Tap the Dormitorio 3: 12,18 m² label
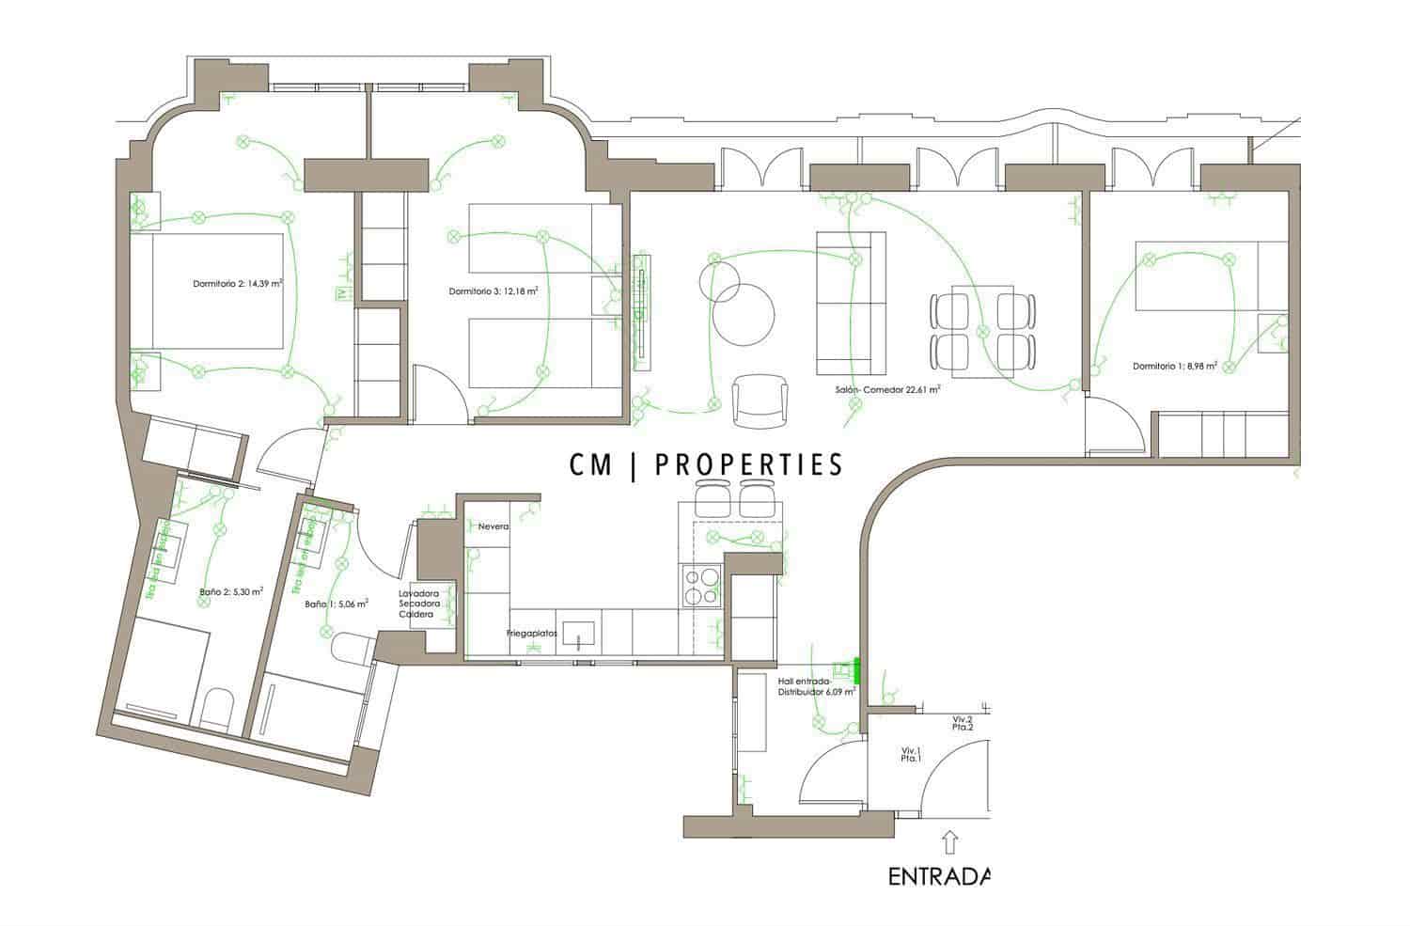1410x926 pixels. pyautogui.click(x=493, y=291)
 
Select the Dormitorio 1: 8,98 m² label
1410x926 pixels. pyautogui.click(x=1175, y=366)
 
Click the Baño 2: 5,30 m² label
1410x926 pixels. pyautogui.click(x=231, y=592)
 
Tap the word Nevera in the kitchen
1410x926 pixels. pyautogui.click(x=493, y=526)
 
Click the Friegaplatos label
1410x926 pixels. pyautogui.click(x=532, y=634)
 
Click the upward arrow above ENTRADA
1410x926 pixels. pyautogui.click(x=949, y=839)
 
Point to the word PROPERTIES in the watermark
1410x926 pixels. pyautogui.click(x=747, y=463)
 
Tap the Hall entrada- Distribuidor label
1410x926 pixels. pyautogui.click(x=816, y=685)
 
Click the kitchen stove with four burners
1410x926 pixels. pyautogui.click(x=699, y=587)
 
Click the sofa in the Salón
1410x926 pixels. pyautogui.click(x=851, y=303)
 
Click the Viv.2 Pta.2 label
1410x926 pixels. pyautogui.click(x=962, y=723)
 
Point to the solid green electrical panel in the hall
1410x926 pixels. pyautogui.click(x=857, y=669)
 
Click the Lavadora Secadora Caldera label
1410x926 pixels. pyautogui.click(x=416, y=604)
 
